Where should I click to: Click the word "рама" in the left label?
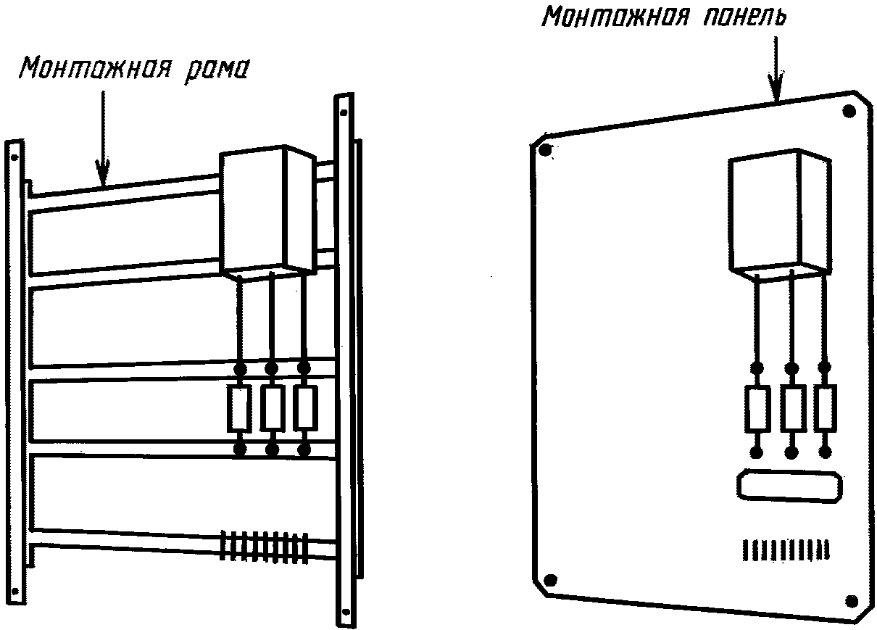pyautogui.click(x=216, y=70)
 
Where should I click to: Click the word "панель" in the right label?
pyautogui.click(x=744, y=17)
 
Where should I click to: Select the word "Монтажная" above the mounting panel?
pyautogui.click(x=615, y=17)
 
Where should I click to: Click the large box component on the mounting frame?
pyautogui.click(x=267, y=212)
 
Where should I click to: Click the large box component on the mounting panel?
pyautogui.click(x=780, y=215)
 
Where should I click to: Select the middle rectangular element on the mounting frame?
pyautogui.click(x=273, y=408)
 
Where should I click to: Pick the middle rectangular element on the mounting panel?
pyautogui.click(x=793, y=409)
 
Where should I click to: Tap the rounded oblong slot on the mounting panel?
pyautogui.click(x=790, y=486)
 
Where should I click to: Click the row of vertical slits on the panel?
pyautogui.click(x=786, y=550)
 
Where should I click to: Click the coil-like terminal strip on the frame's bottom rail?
pyautogui.click(x=265, y=547)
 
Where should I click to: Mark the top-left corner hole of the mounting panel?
pyautogui.click(x=545, y=149)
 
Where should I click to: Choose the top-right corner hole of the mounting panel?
pyautogui.click(x=849, y=112)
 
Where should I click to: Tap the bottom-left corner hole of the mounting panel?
pyautogui.click(x=550, y=579)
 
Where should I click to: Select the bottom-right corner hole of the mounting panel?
pyautogui.click(x=852, y=602)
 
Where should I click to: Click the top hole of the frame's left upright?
pyautogui.click(x=14, y=158)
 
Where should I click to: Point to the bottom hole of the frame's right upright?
pyautogui.click(x=346, y=612)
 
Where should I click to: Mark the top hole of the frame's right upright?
pyautogui.click(x=344, y=113)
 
